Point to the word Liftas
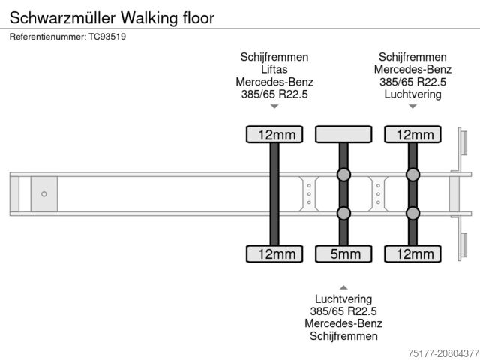point(274,69)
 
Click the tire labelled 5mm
point(343,254)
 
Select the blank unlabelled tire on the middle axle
point(343,134)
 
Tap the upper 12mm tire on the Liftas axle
point(274,134)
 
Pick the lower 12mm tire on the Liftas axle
point(274,254)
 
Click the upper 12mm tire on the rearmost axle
point(412,134)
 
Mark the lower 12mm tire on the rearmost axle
point(412,254)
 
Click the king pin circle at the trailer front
point(44,194)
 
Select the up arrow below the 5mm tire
point(343,287)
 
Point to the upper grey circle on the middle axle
point(343,175)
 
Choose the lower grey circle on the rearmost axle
point(412,214)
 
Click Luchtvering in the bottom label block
point(343,299)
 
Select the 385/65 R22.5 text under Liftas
point(274,94)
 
